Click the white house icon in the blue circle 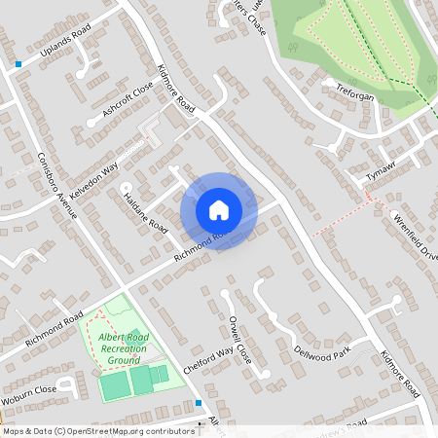(x=219, y=209)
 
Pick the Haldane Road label (x=145, y=210)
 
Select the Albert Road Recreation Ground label (x=124, y=347)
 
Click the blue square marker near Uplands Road (x=18, y=64)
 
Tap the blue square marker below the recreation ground (x=199, y=402)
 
